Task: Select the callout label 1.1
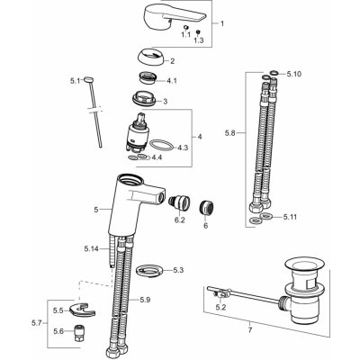[x=185, y=35]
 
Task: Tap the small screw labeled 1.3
[x=198, y=31]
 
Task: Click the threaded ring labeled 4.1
[x=148, y=78]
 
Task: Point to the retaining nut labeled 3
[x=144, y=98]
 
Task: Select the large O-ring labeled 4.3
[x=161, y=145]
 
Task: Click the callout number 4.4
[x=157, y=157]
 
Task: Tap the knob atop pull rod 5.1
[x=89, y=79]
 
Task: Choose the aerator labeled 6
[x=206, y=208]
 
